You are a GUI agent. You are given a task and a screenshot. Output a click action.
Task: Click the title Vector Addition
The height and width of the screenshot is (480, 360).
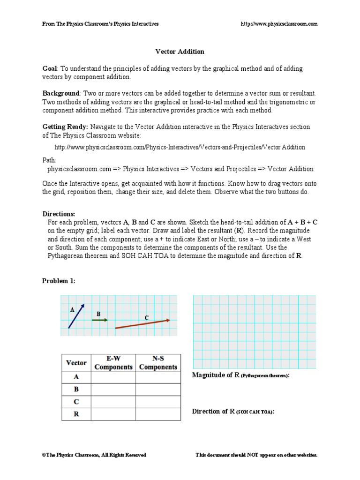pos(180,52)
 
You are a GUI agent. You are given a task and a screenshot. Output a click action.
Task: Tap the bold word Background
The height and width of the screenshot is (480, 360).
pos(61,94)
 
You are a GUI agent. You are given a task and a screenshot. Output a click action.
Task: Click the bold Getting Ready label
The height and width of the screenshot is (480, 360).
pos(65,127)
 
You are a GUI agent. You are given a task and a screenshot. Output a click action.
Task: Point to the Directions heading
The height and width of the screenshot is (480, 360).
pos(59,213)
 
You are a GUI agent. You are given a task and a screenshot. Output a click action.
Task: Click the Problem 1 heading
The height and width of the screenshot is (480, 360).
pos(59,281)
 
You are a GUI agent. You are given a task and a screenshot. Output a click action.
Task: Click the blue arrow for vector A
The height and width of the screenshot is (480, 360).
pos(76,316)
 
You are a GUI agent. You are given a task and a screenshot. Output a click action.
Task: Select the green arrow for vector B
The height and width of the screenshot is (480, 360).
pos(99,320)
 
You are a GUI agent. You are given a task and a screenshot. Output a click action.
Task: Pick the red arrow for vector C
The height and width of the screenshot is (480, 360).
pos(142,324)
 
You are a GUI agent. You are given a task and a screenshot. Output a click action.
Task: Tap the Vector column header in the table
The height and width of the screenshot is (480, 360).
pos(76,362)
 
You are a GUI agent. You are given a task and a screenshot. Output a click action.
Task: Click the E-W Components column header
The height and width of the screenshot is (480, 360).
pos(113,362)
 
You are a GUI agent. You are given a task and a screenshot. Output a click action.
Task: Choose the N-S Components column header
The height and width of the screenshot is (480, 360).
pos(158,362)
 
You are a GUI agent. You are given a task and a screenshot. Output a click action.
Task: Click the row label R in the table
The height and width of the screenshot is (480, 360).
pos(76,414)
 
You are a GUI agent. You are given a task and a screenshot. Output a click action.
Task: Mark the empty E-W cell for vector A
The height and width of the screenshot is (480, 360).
pos(113,377)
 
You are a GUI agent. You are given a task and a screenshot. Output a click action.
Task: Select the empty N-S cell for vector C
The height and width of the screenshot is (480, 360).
pos(158,402)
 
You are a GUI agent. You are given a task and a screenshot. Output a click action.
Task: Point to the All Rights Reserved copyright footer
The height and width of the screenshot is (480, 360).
pos(94,455)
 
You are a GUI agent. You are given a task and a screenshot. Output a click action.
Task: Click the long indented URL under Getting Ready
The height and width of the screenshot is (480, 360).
pos(180,147)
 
